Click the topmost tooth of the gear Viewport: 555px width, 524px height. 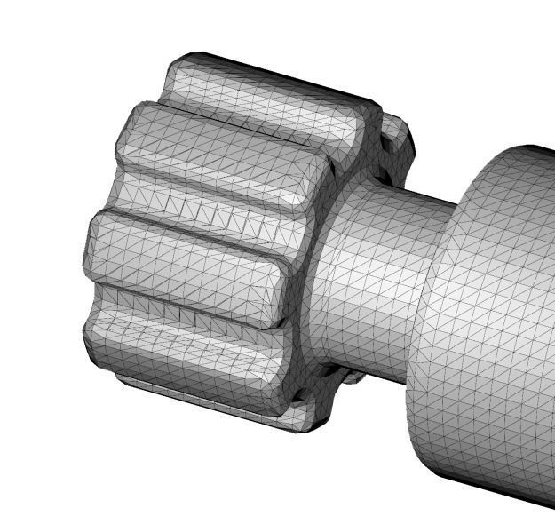coord(266,98)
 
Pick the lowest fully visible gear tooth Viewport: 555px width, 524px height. coord(186,351)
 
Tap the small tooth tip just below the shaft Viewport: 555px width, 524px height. coord(351,377)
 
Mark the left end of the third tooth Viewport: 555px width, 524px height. coord(93,249)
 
